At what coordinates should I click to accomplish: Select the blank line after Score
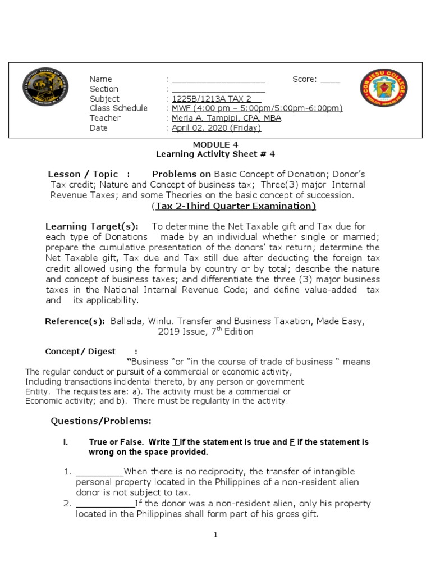pos(330,80)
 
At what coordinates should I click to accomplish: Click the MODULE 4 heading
pos(215,144)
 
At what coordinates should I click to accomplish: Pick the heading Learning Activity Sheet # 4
pos(215,154)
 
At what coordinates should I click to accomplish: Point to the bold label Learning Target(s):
pos(91,226)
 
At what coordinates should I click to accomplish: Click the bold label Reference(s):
pos(75,321)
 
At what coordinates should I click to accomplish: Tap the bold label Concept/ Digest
pos(80,352)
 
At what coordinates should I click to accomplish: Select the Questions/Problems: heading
pos(101,421)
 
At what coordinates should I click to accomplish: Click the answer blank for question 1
pos(99,472)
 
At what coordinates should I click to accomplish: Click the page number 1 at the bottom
pos(215,535)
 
